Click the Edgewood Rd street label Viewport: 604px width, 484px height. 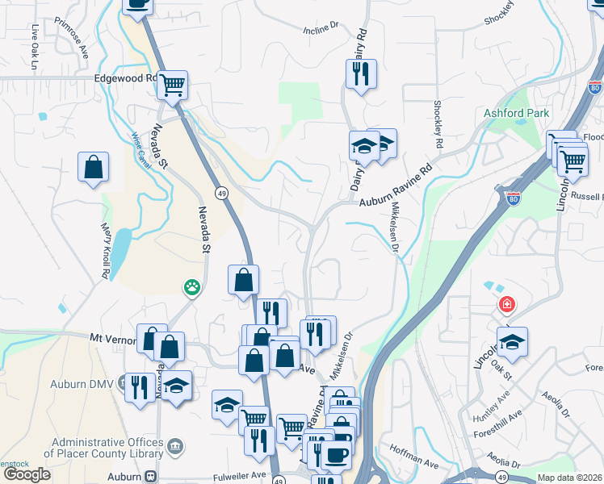pyautogui.click(x=124, y=78)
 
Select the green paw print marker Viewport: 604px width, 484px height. pyautogui.click(x=191, y=286)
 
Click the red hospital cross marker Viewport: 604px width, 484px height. pyautogui.click(x=506, y=305)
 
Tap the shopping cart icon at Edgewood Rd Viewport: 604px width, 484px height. pyautogui.click(x=172, y=83)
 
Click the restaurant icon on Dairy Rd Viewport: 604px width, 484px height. pyautogui.click(x=360, y=73)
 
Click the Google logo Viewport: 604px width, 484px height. pyautogui.click(x=27, y=474)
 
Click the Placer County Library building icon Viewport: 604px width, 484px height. pyautogui.click(x=175, y=445)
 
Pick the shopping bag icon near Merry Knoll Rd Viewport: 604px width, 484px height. pyautogui.click(x=94, y=167)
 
